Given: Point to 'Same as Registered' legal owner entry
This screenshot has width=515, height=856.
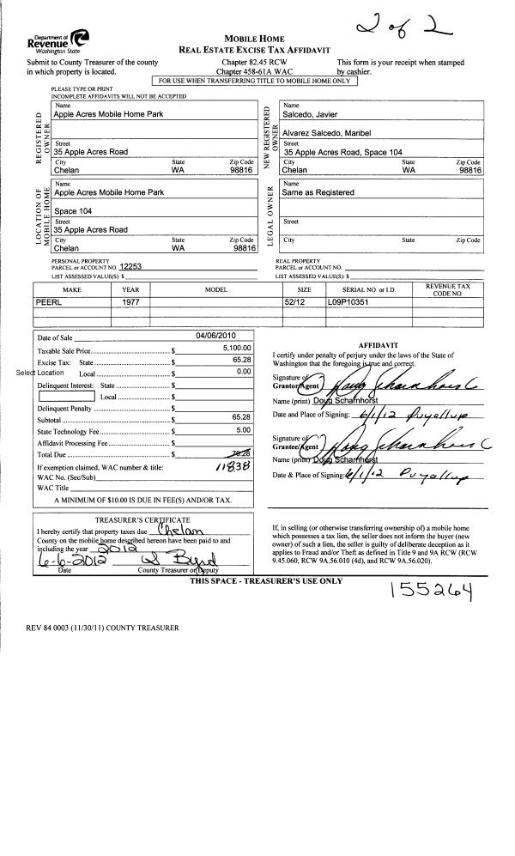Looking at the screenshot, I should (x=318, y=192).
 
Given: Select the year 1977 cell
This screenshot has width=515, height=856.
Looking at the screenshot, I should (x=130, y=303).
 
